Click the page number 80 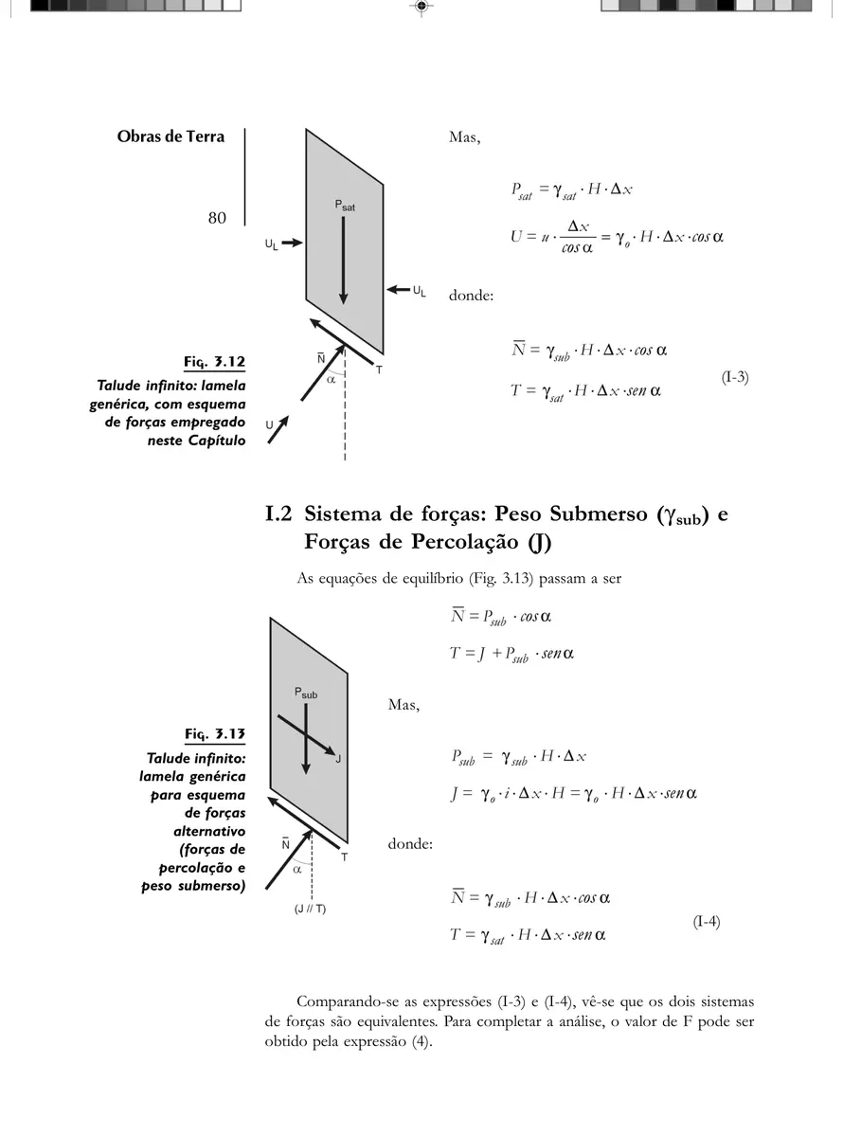(217, 218)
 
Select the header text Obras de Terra (170, 136)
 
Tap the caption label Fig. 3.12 (214, 362)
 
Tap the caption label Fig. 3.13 (214, 734)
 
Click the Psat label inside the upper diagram (345, 206)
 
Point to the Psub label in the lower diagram (306, 693)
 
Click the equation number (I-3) (734, 377)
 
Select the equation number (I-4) (706, 922)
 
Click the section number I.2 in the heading (278, 514)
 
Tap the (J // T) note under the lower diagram (310, 909)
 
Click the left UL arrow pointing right (292, 243)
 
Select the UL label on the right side (420, 291)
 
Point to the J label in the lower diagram (338, 759)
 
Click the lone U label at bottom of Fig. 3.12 (269, 425)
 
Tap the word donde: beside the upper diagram (471, 296)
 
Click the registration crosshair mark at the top (421, 7)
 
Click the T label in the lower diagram (344, 857)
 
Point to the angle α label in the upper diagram (331, 379)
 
